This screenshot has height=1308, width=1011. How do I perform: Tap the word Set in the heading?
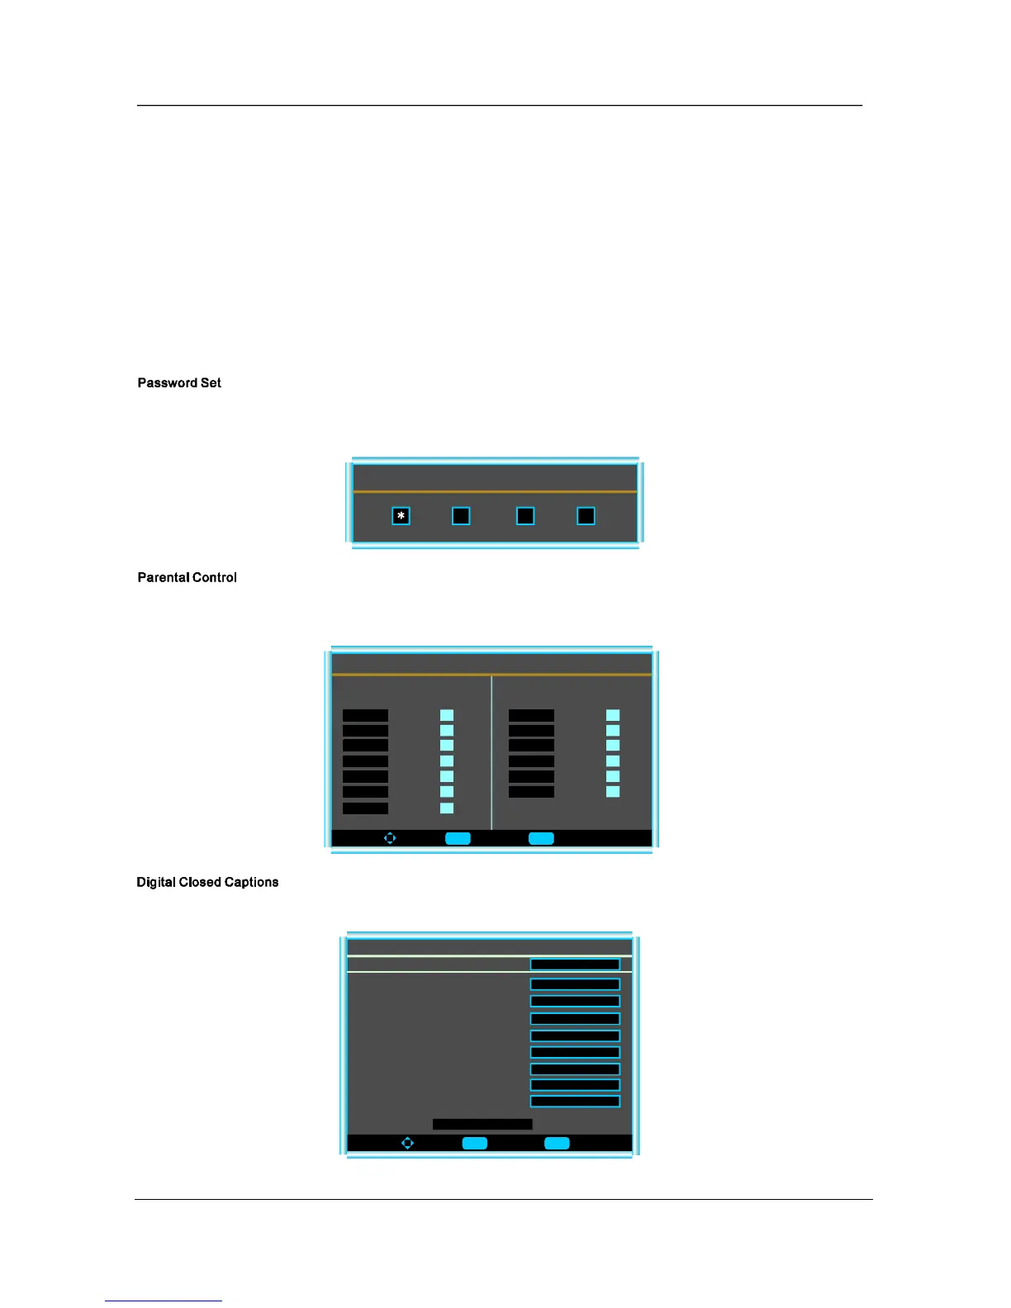(211, 383)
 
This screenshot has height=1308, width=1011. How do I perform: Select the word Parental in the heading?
(164, 578)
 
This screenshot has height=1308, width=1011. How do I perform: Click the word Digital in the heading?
(156, 883)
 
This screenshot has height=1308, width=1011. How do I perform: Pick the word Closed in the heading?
(201, 883)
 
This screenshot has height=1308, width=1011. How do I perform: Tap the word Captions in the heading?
(252, 883)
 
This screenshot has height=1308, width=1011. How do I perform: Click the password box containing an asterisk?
(401, 516)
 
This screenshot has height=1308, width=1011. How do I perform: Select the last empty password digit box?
(586, 516)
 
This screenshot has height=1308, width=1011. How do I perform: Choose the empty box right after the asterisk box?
(461, 516)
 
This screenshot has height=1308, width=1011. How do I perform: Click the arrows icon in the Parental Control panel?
(390, 838)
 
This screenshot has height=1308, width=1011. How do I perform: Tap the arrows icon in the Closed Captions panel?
(407, 1143)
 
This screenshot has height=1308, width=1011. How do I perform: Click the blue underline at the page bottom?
(164, 1301)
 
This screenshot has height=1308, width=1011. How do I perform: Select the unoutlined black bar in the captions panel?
(482, 1124)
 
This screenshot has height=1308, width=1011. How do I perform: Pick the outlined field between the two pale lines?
(575, 964)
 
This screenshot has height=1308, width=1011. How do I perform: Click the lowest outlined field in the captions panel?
(575, 1102)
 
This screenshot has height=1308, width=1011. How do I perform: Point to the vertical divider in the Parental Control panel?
(491, 751)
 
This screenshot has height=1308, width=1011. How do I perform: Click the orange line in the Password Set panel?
(495, 491)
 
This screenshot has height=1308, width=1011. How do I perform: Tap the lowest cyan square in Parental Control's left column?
(447, 808)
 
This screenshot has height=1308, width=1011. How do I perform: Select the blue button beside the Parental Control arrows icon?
(458, 838)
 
